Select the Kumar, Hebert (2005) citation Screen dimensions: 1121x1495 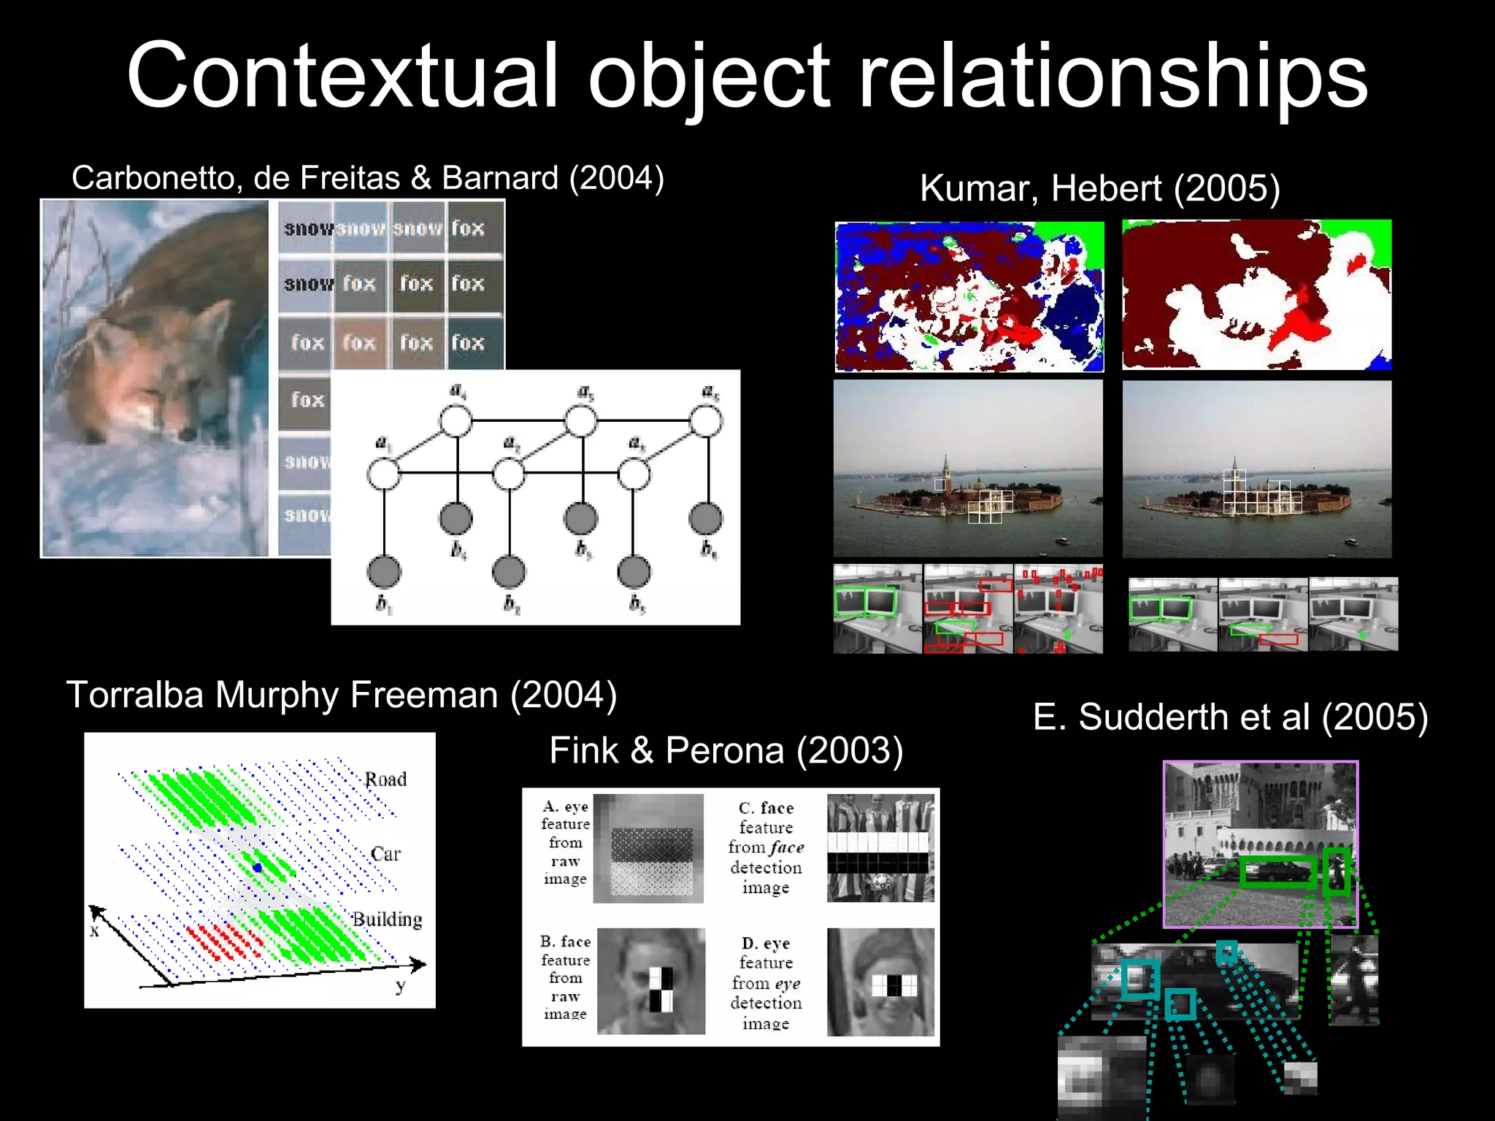point(1099,188)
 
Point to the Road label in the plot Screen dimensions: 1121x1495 point(385,779)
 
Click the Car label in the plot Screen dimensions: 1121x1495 point(385,854)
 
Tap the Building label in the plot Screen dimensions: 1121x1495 point(387,920)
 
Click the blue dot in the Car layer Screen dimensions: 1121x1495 point(257,867)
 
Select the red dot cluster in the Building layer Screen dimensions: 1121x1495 point(223,941)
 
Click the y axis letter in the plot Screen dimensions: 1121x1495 point(400,987)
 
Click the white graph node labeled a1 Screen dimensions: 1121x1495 point(383,474)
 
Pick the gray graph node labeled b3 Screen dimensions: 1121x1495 point(634,572)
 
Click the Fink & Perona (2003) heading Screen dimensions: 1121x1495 point(726,750)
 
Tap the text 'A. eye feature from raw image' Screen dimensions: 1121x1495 point(565,842)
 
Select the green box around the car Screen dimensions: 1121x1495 point(1278,872)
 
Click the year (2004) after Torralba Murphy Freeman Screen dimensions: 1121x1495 point(564,695)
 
